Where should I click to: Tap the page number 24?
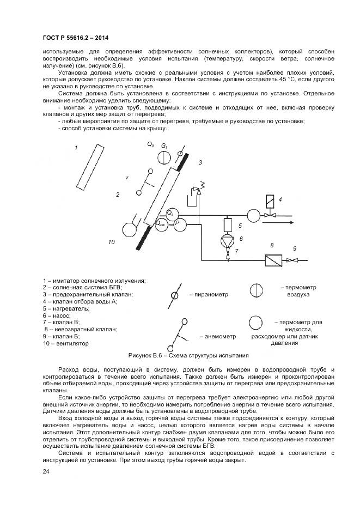(45, 471)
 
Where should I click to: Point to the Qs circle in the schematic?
(170, 213)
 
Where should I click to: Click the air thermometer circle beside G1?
(163, 157)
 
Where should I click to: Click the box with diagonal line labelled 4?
(269, 200)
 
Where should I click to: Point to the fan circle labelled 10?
(131, 229)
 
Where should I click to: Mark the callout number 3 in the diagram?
(200, 162)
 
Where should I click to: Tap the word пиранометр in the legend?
(209, 295)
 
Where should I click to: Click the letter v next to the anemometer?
(126, 178)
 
